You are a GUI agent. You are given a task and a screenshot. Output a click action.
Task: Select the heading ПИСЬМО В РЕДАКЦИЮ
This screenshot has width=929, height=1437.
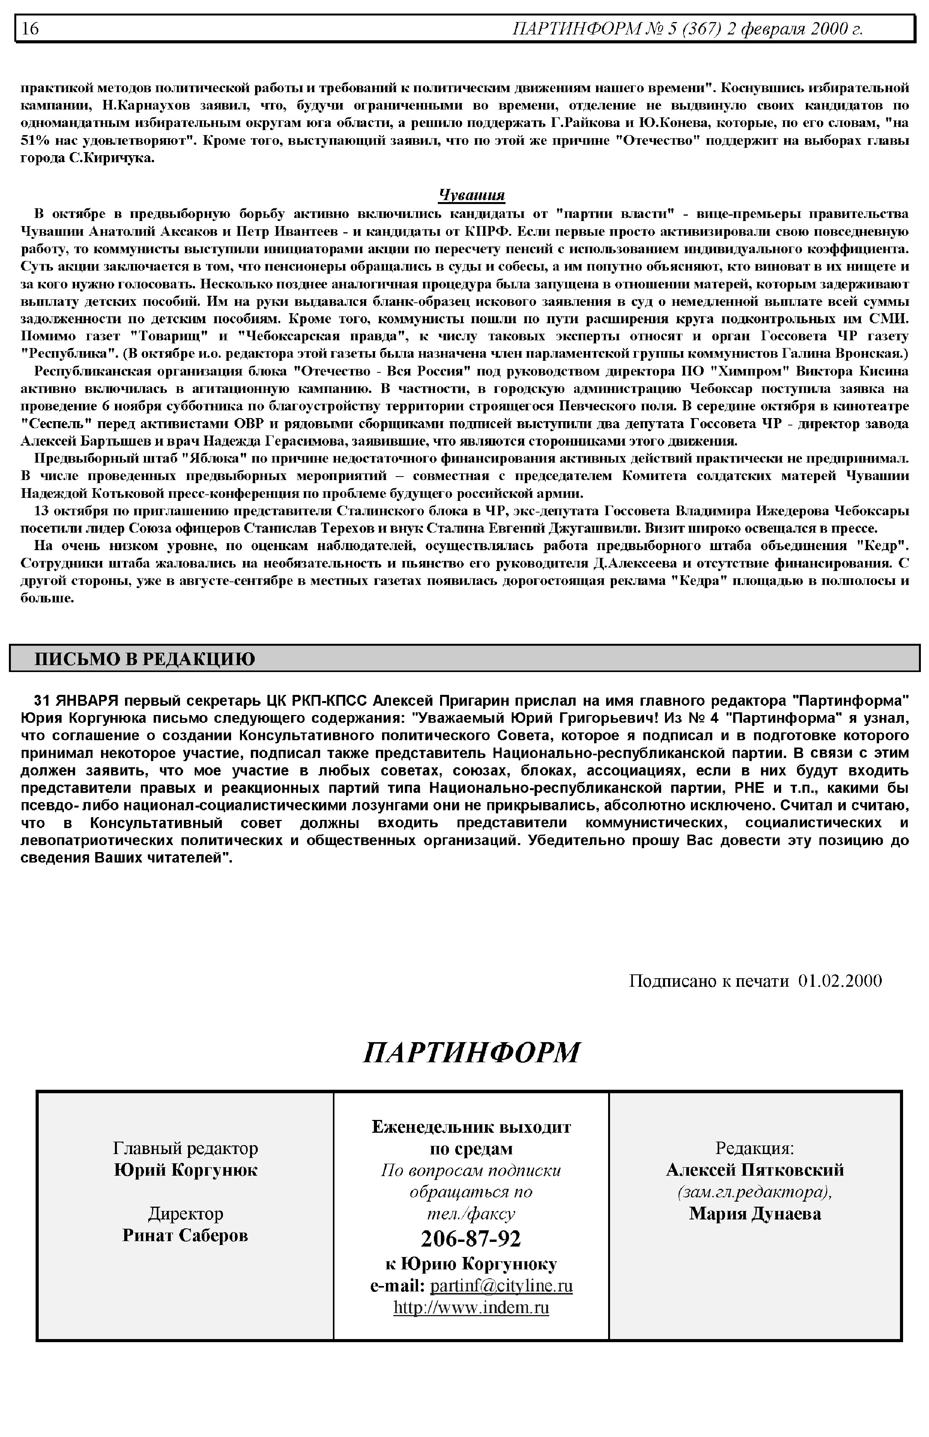click(145, 659)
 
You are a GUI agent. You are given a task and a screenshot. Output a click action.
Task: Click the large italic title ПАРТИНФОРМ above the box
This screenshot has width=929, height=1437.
click(471, 1053)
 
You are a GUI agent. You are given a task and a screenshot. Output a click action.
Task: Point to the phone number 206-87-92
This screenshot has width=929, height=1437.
click(471, 1238)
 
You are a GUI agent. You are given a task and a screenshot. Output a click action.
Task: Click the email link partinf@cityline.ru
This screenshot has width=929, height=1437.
click(501, 1286)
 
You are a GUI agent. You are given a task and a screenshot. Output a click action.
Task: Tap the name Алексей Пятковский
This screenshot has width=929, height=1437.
click(755, 1170)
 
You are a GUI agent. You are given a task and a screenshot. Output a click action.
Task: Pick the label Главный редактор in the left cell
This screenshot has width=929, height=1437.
click(185, 1148)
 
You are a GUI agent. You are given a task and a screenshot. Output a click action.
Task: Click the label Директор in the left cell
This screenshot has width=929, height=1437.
click(185, 1213)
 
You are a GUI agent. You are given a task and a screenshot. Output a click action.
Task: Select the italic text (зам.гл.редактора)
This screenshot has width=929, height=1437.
click(755, 1192)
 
